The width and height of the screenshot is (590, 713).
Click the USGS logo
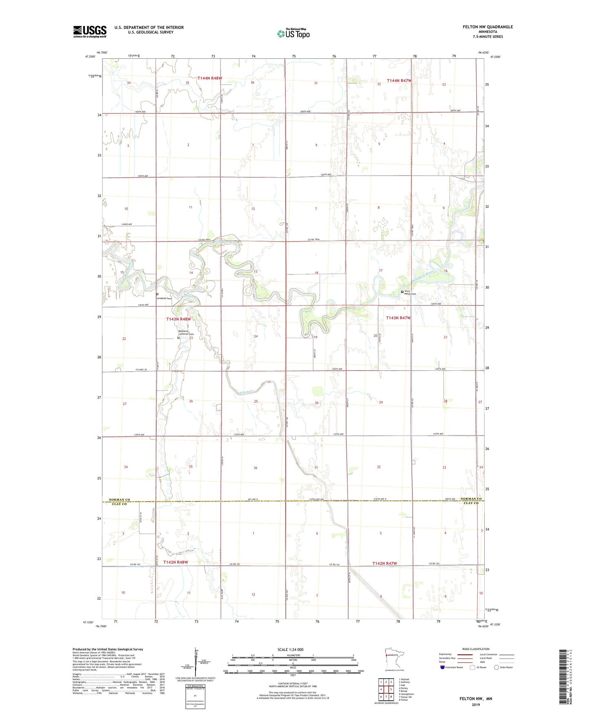[90, 31]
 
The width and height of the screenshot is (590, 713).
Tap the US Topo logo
[293, 33]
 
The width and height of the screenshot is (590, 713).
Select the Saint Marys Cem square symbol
[402, 292]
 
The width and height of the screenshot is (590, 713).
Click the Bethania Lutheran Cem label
[186, 332]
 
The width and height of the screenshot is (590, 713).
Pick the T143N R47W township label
[399, 318]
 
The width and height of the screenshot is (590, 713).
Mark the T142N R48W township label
[176, 562]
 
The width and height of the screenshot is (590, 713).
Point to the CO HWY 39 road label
[141, 370]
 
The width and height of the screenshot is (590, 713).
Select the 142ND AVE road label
[127, 225]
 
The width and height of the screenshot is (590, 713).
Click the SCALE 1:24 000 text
[290, 649]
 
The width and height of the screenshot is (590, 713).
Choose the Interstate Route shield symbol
[443, 667]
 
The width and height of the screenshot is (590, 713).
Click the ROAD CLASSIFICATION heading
[476, 649]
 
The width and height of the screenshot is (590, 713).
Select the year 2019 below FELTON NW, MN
[476, 704]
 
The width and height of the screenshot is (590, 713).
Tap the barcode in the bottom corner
[565, 676]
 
